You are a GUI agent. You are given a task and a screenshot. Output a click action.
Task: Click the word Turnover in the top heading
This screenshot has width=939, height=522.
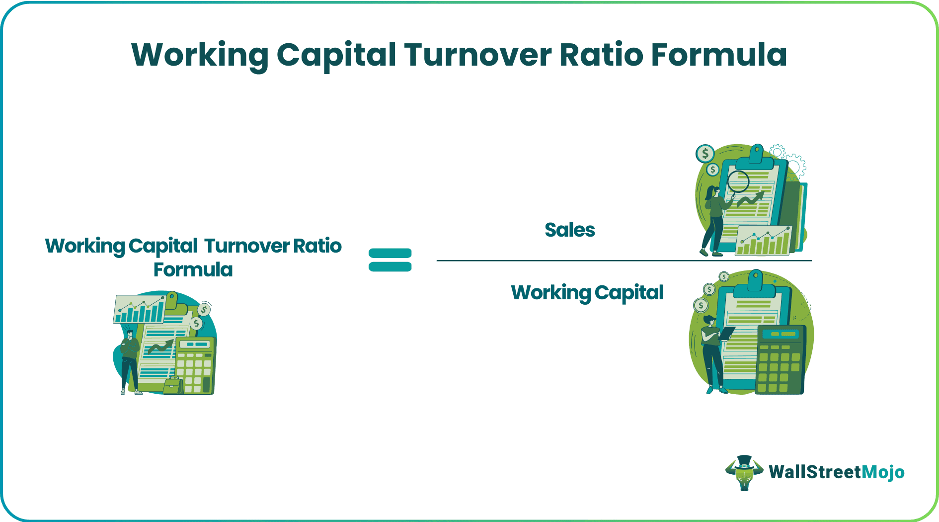tap(477, 55)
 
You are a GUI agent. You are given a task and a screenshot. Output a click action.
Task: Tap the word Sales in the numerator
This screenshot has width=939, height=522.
tap(569, 230)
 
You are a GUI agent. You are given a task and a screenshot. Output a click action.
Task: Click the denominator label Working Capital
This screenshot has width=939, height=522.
tap(587, 293)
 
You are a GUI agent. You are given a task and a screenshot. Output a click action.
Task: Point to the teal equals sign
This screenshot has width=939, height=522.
tap(390, 260)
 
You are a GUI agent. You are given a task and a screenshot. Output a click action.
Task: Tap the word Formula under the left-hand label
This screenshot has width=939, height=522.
tap(193, 270)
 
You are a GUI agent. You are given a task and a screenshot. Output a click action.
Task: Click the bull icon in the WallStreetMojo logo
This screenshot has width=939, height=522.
tap(744, 472)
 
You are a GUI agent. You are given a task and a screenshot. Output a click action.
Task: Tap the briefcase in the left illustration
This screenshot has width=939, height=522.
tap(173, 386)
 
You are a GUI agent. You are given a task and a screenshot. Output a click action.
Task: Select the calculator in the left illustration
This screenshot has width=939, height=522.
tap(195, 365)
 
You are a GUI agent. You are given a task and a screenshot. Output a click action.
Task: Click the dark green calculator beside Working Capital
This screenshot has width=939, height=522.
tap(780, 360)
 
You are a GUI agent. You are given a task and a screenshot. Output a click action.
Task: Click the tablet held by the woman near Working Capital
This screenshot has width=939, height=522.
tap(726, 333)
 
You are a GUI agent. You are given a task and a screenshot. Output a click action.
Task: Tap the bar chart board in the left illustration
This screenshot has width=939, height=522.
tap(140, 309)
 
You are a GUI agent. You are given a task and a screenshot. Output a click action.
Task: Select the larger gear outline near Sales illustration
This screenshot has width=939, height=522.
tap(795, 165)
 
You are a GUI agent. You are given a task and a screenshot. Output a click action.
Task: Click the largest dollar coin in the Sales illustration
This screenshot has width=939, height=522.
tap(705, 154)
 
